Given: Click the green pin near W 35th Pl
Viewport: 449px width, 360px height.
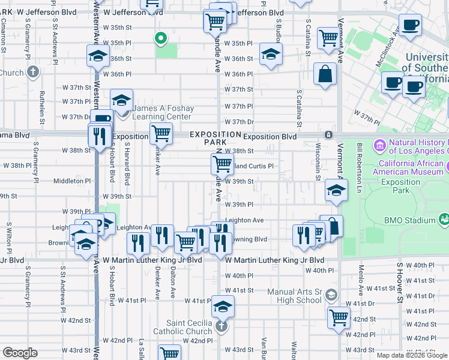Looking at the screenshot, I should click(160, 40).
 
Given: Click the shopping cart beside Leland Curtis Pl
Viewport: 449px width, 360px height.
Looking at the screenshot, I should click(222, 163).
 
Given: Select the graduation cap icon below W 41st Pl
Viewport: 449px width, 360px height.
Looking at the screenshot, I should click(223, 307).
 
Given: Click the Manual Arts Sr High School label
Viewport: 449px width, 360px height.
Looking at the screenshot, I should click(294, 296).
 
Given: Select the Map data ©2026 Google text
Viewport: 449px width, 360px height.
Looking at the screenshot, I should click(412, 355).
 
